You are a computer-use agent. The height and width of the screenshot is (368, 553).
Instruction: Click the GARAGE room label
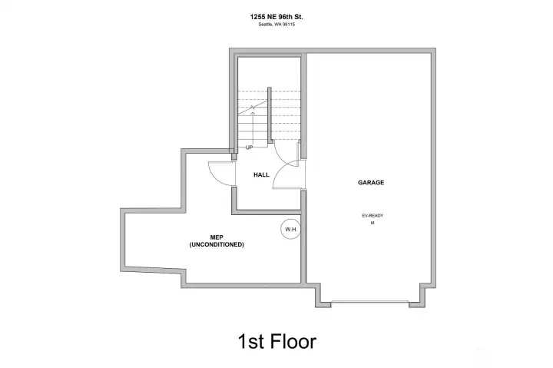point(371,182)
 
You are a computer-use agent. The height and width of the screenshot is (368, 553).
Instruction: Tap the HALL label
point(261,174)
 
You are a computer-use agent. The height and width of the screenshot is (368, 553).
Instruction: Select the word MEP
point(217,237)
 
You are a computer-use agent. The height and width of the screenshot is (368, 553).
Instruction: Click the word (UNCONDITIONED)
point(217,244)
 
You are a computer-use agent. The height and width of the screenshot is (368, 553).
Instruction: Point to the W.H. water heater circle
point(291,230)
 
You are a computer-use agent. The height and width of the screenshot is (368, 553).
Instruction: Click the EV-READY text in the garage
point(373,216)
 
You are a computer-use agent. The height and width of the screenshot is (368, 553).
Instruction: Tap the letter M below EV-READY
point(373,223)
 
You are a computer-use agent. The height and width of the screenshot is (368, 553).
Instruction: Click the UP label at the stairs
point(249,148)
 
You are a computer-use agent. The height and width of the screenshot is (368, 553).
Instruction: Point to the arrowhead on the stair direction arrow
point(253,113)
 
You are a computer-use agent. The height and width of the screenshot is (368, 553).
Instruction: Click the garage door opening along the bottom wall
point(370,302)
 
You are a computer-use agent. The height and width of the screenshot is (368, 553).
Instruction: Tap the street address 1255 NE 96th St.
point(276,17)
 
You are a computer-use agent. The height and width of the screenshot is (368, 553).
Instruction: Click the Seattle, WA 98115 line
point(276,25)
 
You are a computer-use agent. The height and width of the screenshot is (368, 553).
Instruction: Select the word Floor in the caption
point(293,342)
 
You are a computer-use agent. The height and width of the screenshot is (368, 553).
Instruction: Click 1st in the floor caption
point(251,342)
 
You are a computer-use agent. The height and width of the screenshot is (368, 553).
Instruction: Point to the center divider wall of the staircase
point(270,115)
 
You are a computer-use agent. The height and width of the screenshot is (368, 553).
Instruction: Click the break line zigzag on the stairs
point(253,108)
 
